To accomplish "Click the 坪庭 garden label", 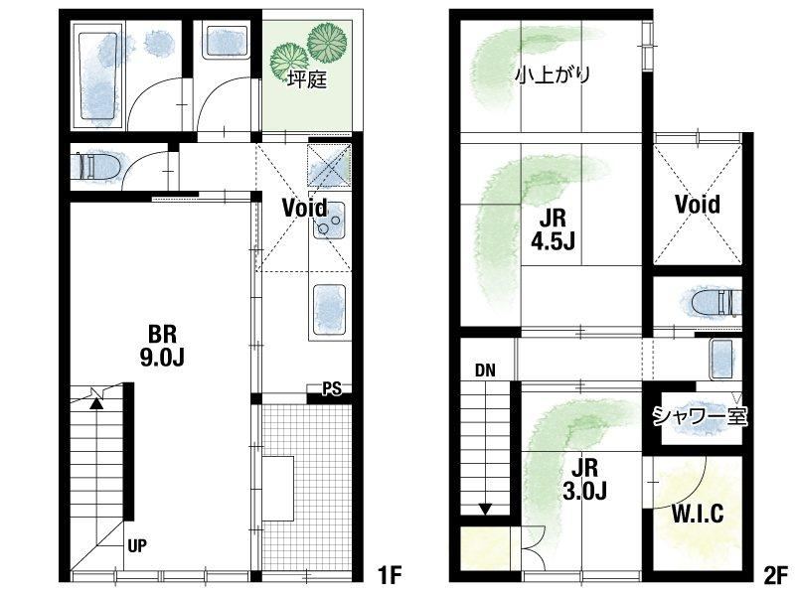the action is [307, 79].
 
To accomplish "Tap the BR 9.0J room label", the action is [162, 346].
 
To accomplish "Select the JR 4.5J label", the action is [553, 229].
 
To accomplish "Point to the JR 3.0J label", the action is [584, 479].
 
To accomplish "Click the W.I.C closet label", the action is [698, 514].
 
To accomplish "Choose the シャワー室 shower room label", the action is [700, 416].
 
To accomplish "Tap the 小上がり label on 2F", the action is [553, 75].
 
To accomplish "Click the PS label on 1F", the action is [332, 388].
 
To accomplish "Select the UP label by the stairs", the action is [137, 545].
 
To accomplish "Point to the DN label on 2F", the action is [485, 371].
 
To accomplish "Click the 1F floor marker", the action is [390, 575].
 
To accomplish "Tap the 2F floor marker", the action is [776, 575].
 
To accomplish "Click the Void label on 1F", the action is [305, 208].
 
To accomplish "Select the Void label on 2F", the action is [698, 204].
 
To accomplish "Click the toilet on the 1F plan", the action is [96, 165].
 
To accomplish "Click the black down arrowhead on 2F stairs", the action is [486, 509].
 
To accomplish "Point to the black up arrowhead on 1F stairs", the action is [96, 403].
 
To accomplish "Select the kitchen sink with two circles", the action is [328, 221].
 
